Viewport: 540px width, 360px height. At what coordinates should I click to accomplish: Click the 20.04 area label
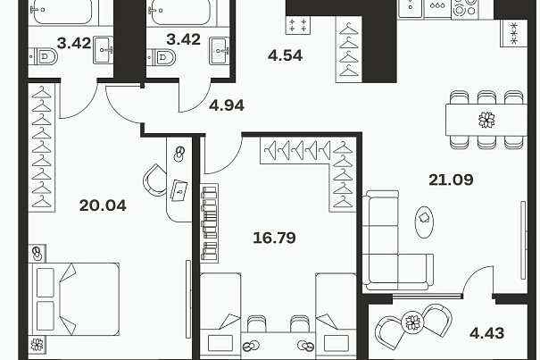(103, 205)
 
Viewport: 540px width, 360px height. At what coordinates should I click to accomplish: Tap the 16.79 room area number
(274, 238)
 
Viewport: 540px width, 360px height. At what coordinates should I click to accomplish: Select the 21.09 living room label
(451, 180)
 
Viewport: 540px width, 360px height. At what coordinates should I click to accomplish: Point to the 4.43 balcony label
(487, 333)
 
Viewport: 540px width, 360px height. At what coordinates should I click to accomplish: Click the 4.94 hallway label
(227, 105)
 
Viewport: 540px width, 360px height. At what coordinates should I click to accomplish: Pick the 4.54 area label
(285, 55)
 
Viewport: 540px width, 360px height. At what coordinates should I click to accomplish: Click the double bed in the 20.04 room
(74, 299)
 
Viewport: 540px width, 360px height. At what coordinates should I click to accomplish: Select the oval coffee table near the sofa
(424, 222)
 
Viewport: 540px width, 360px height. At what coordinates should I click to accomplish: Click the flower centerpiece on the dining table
(487, 120)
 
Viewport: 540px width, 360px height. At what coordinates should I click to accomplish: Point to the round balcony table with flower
(412, 322)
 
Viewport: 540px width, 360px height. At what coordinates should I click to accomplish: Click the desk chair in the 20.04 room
(154, 180)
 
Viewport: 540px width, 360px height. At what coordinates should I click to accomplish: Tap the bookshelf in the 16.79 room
(210, 223)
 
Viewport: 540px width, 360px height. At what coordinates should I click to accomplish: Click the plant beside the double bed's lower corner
(37, 344)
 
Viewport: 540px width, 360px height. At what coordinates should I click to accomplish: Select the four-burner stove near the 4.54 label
(298, 25)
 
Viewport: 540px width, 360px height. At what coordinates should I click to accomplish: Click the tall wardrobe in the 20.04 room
(41, 147)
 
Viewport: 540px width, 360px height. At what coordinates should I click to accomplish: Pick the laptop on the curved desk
(179, 190)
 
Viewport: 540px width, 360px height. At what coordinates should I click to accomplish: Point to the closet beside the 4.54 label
(348, 50)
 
